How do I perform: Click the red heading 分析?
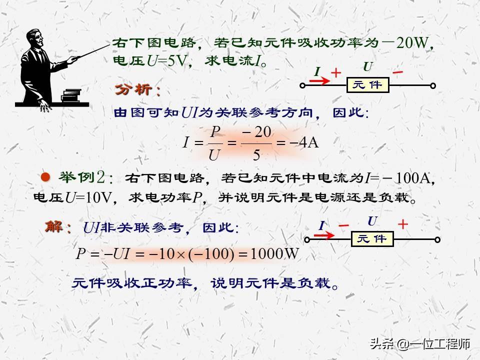137,90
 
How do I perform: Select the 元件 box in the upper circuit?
367,85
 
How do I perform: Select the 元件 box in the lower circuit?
372,239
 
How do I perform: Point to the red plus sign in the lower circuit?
402,224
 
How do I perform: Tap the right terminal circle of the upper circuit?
433,86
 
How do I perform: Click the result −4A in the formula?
304,143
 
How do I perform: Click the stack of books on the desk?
71,94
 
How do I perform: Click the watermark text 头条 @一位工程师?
419,344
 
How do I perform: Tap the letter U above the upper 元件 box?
367,66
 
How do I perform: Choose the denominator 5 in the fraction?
256,155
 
